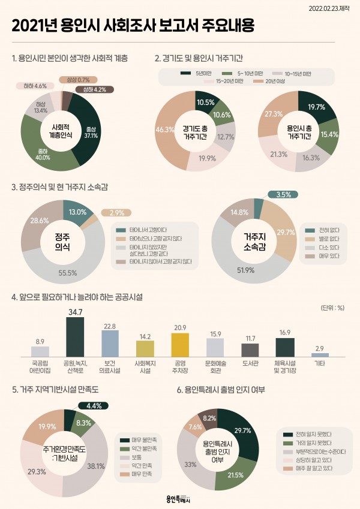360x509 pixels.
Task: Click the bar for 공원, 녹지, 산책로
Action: click(x=75, y=337)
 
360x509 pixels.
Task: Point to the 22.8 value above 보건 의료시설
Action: click(x=110, y=326)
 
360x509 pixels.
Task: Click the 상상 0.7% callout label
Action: click(x=75, y=80)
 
